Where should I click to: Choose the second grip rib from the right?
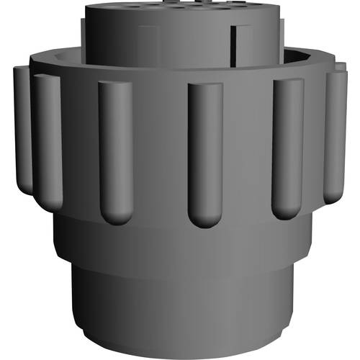pyautogui.click(x=288, y=144)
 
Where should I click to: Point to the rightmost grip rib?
pyautogui.click(x=336, y=133)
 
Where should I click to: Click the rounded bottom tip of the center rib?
pyautogui.click(x=205, y=216)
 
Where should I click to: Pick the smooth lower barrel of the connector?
pyautogui.click(x=180, y=302)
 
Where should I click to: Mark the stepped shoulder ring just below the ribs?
pyautogui.click(x=180, y=238)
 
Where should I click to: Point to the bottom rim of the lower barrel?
pyautogui.click(x=180, y=351)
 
